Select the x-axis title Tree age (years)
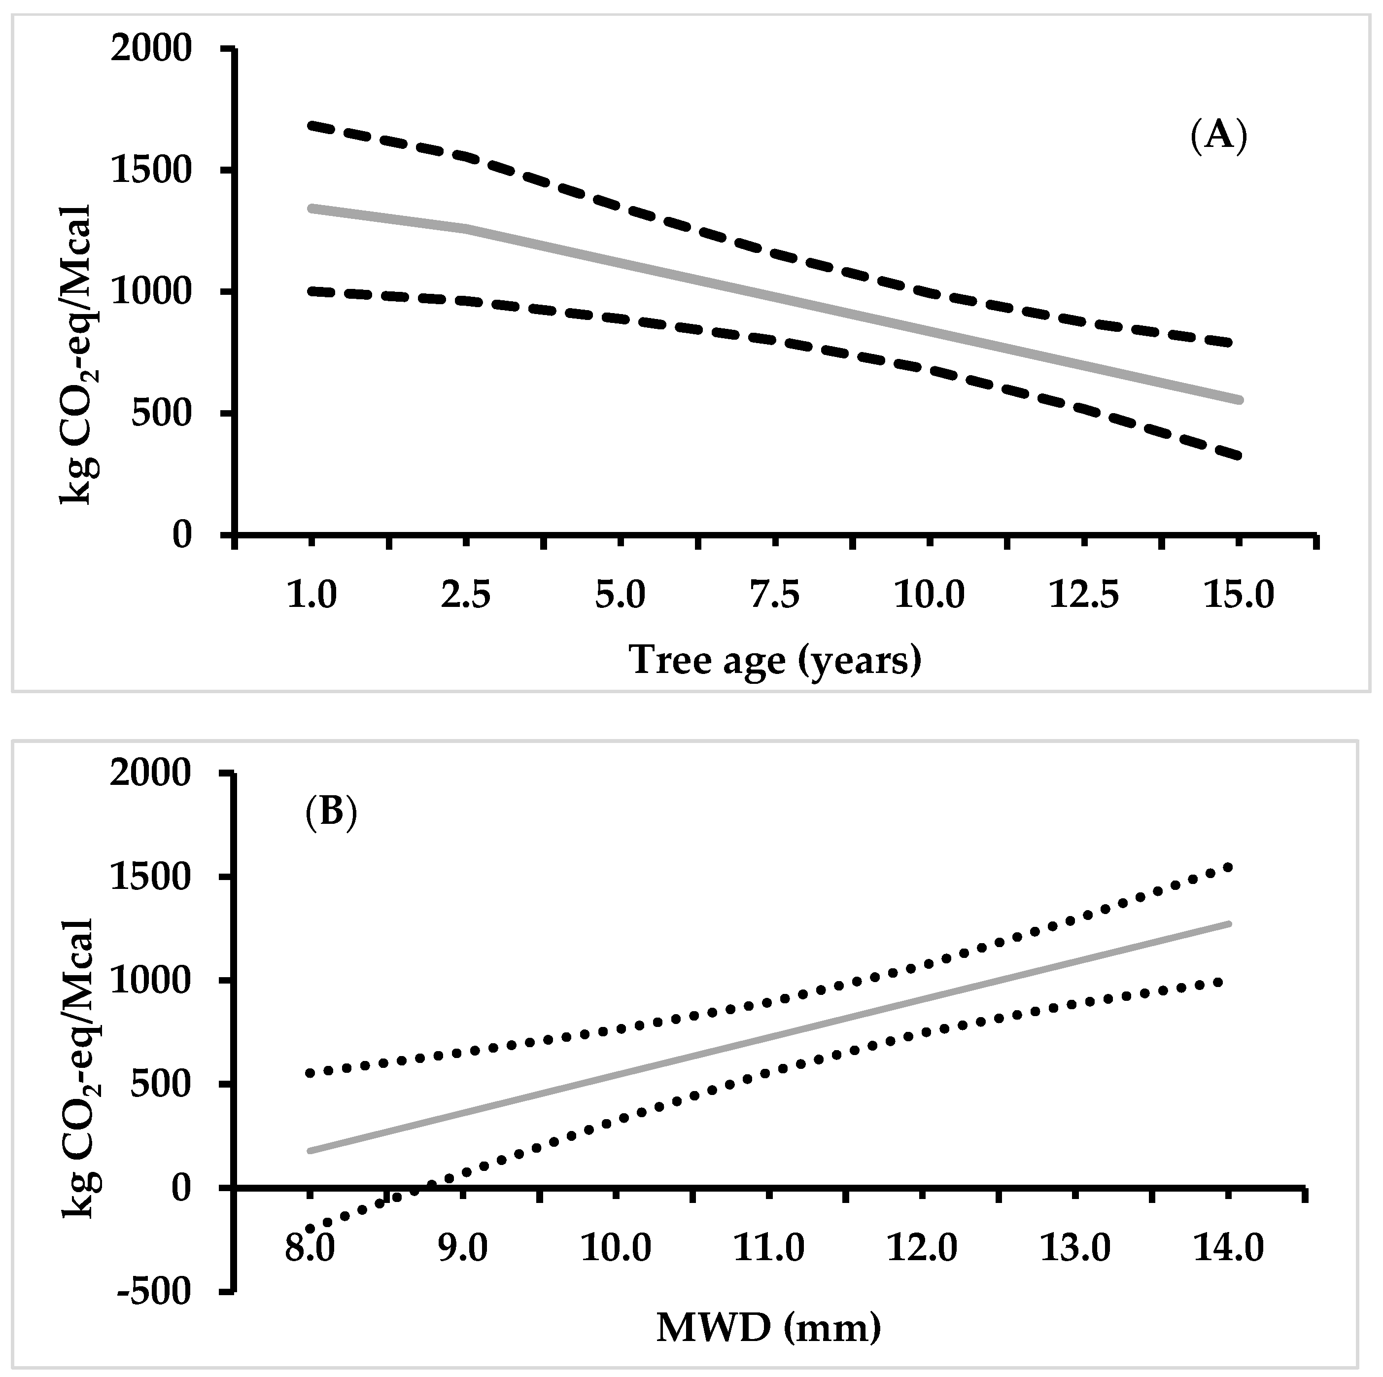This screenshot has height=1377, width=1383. tap(775, 660)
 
